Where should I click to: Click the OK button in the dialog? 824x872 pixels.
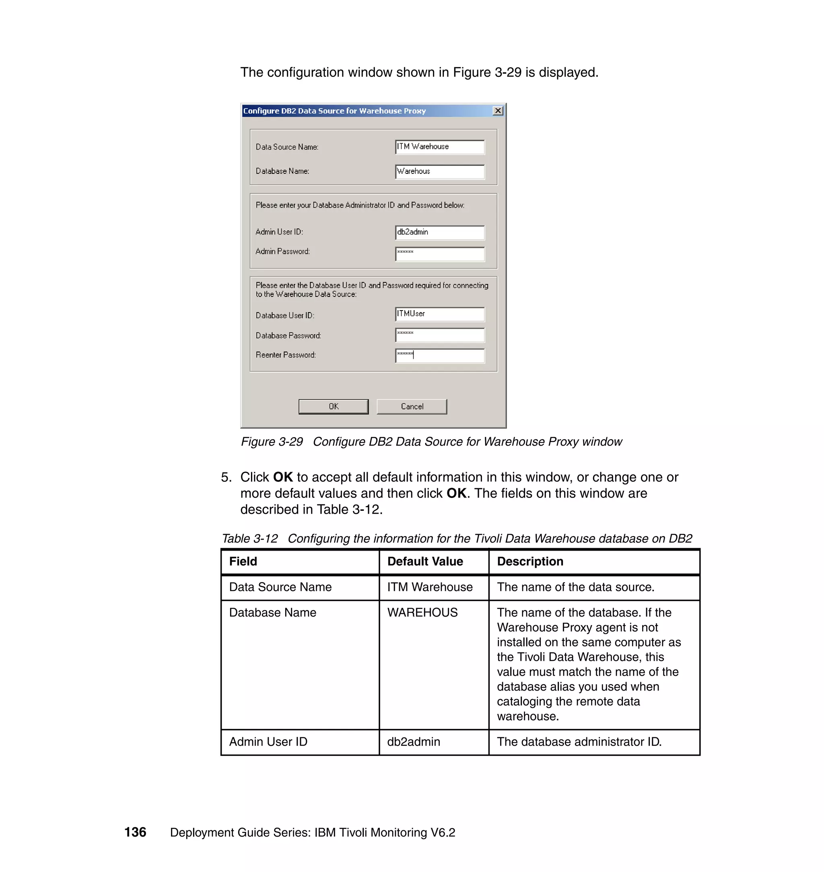click(334, 406)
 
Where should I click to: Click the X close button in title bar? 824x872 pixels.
click(498, 111)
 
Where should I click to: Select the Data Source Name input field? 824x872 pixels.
click(440, 147)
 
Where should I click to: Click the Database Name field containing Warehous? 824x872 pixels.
click(440, 172)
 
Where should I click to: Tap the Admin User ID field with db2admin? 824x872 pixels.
click(440, 232)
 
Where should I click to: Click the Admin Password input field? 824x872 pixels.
click(440, 253)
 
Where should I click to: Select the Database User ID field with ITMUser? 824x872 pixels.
click(440, 314)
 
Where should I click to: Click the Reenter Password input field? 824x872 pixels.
click(440, 355)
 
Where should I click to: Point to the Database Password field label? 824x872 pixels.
click(288, 335)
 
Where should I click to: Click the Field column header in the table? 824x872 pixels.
click(243, 561)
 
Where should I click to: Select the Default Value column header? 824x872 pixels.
click(425, 561)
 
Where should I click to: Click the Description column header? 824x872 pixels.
click(530, 561)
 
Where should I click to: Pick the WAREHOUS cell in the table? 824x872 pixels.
click(422, 613)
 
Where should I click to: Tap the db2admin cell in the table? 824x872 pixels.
click(413, 742)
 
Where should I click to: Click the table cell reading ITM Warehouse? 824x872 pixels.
click(430, 587)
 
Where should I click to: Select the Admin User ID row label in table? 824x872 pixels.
click(268, 742)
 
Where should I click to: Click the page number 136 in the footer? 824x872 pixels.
click(135, 832)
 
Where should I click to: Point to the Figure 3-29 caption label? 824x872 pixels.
click(272, 441)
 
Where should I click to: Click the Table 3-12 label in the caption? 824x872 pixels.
click(249, 538)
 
